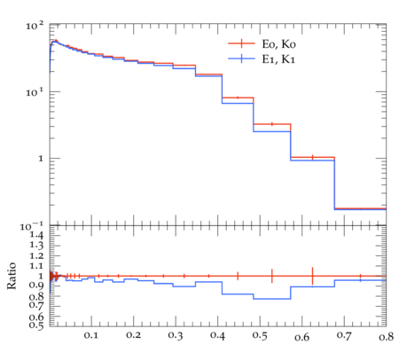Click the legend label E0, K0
click(x=278, y=44)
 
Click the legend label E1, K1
click(x=278, y=59)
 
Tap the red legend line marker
click(x=241, y=43)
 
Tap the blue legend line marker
click(x=241, y=59)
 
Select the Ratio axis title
click(x=12, y=276)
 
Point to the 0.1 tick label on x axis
click(x=91, y=335)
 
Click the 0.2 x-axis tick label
click(x=133, y=335)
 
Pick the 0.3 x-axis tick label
click(x=176, y=336)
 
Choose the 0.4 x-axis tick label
click(x=218, y=336)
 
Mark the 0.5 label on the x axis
click(x=260, y=336)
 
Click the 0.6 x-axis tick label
click(x=302, y=337)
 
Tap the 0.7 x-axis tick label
click(x=344, y=336)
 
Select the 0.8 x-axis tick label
click(x=387, y=337)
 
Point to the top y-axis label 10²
click(x=35, y=26)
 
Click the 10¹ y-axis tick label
click(x=35, y=92)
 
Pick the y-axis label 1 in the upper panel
click(x=41, y=159)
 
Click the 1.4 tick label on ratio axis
click(x=36, y=236)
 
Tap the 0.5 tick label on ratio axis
click(x=36, y=325)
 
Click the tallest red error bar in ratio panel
click(x=312, y=276)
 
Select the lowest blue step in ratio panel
click(x=272, y=299)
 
